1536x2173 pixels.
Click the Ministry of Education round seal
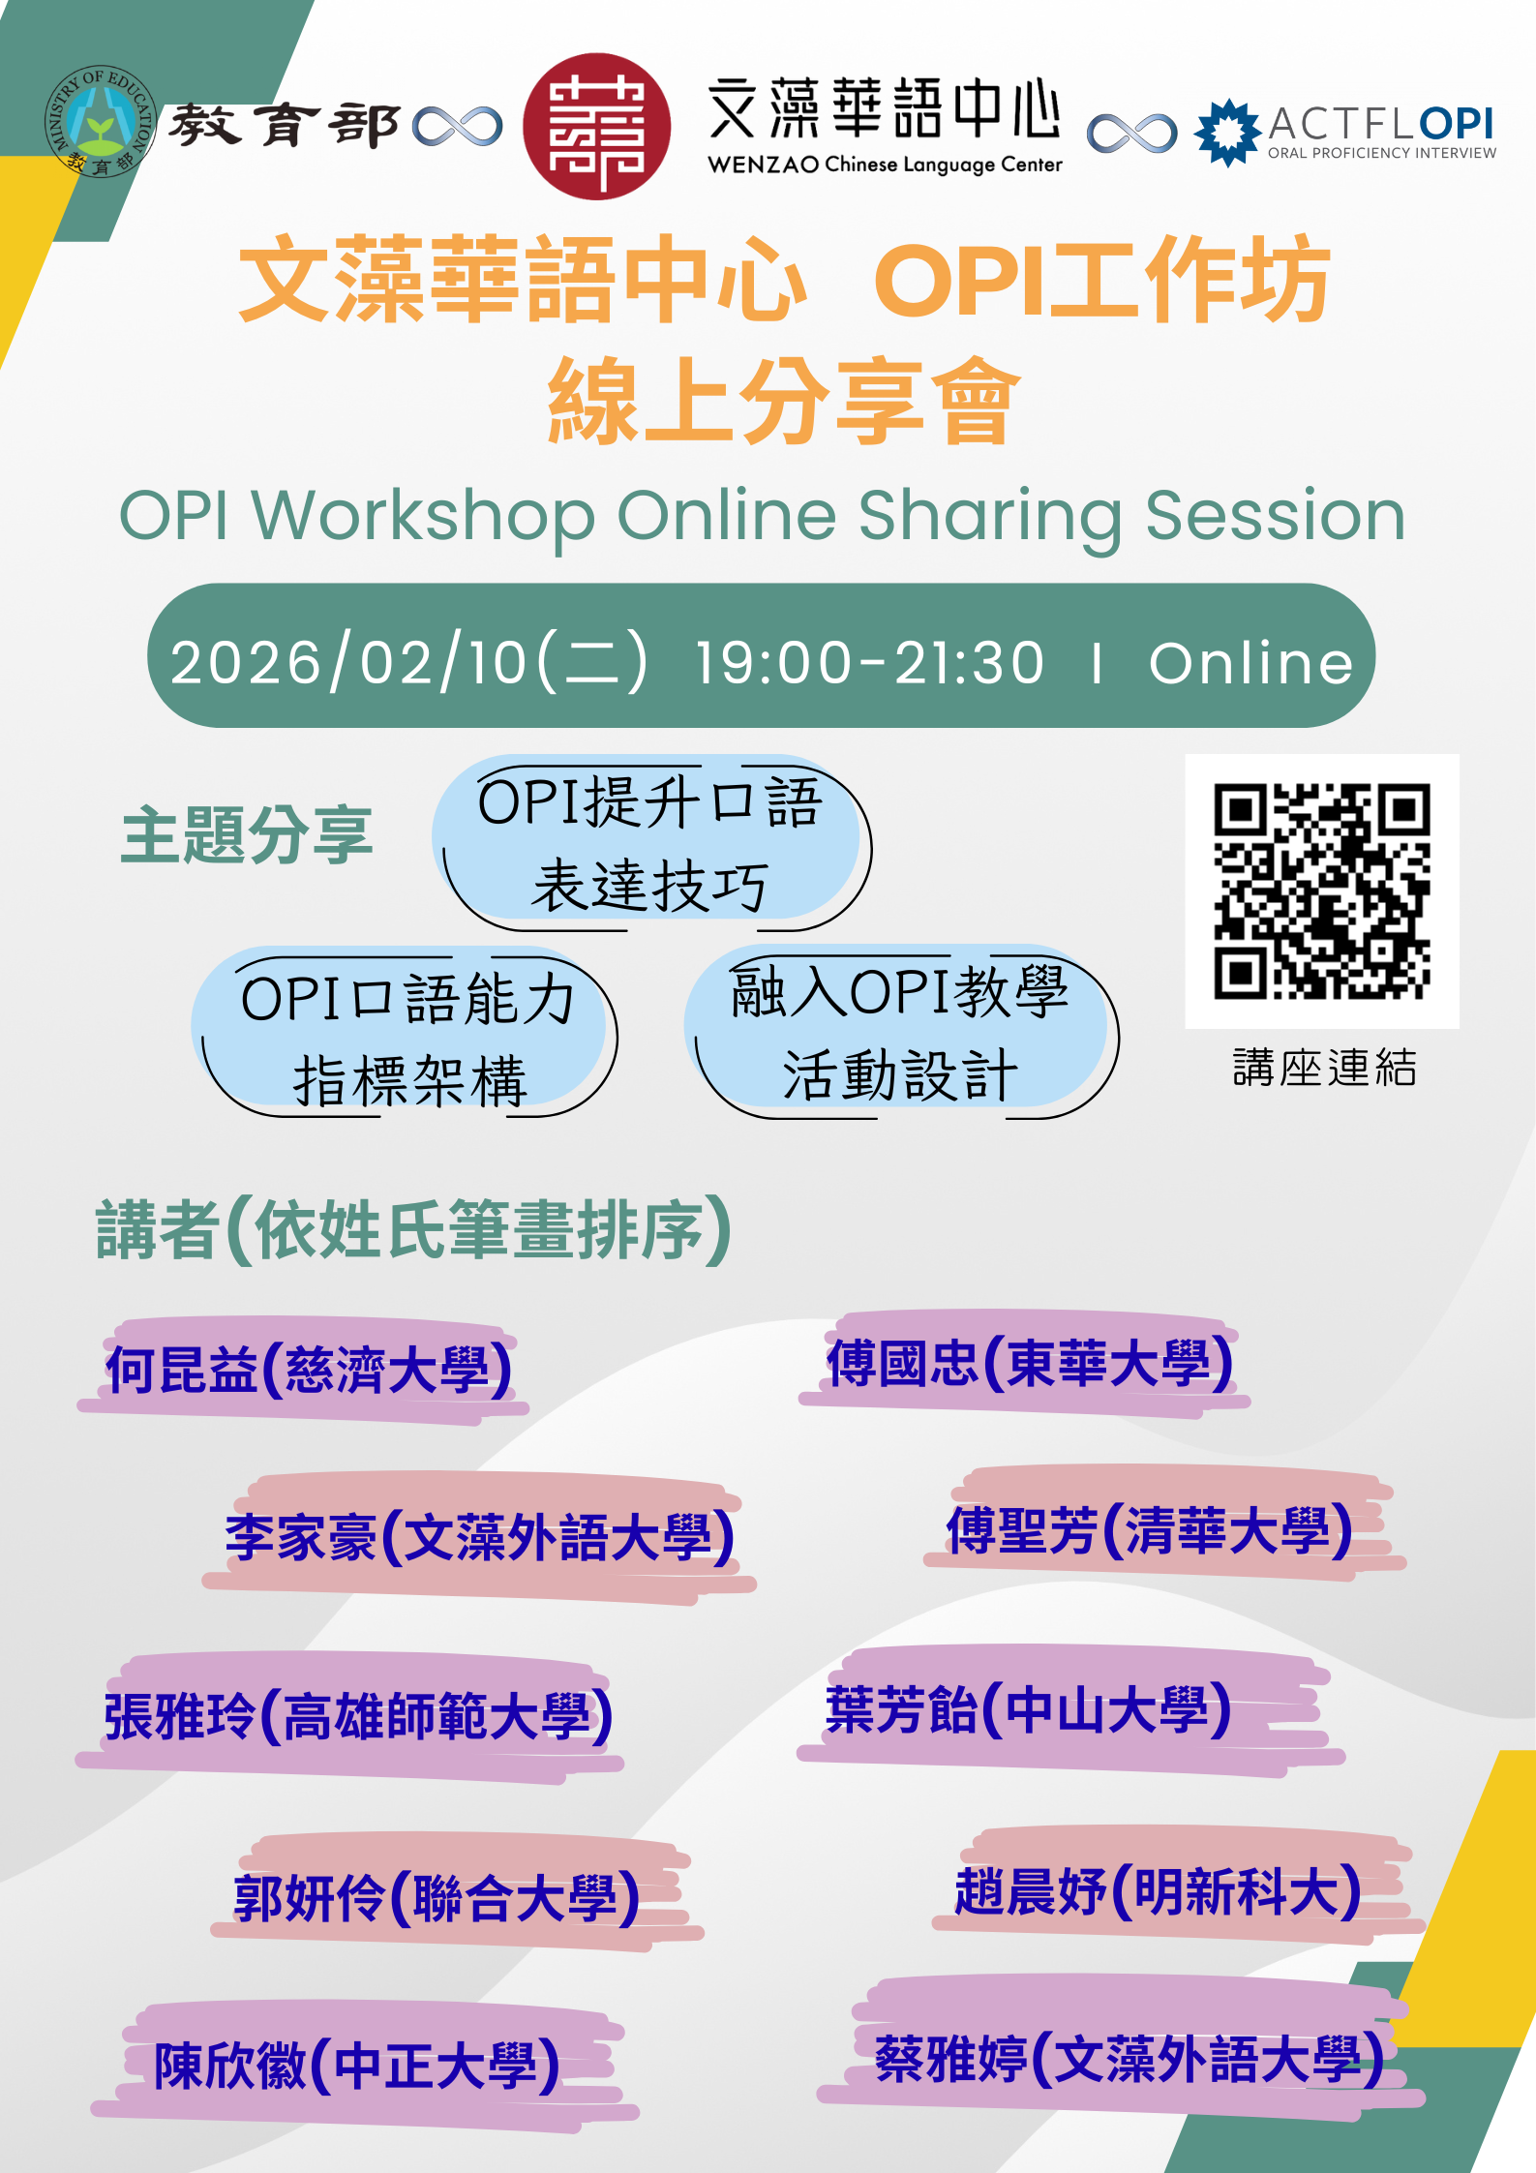point(100,122)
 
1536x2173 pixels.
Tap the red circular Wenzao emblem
point(596,127)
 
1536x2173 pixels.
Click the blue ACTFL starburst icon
point(1227,133)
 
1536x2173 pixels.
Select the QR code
point(1322,890)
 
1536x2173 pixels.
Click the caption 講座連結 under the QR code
point(1324,1068)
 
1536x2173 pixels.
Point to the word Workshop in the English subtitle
point(424,516)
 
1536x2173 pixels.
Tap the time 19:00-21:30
point(870,663)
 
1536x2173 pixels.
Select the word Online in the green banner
point(1250,663)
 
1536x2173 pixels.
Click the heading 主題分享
point(247,834)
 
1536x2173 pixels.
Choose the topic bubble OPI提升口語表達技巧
point(650,843)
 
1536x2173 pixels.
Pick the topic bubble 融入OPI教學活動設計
point(900,1032)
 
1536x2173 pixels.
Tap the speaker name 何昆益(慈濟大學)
point(309,1371)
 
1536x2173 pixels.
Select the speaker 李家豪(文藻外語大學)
point(480,1537)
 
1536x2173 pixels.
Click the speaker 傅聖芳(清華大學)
point(1150,1530)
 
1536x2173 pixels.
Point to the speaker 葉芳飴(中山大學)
point(1029,1709)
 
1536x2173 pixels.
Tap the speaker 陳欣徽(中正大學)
point(357,2066)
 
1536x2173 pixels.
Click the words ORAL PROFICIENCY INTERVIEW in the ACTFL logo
point(1382,153)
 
